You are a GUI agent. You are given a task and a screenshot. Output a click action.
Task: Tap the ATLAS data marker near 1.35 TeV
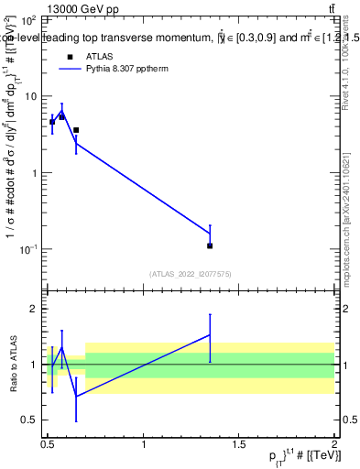pyautogui.click(x=210, y=245)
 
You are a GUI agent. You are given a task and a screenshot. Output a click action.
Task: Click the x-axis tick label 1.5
pyautogui.click(x=239, y=443)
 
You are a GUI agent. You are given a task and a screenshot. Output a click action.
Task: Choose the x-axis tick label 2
pyautogui.click(x=335, y=443)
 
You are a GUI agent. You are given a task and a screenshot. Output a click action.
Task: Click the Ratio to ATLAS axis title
pyautogui.click(x=12, y=365)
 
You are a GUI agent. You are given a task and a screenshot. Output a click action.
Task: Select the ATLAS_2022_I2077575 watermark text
pyautogui.click(x=190, y=273)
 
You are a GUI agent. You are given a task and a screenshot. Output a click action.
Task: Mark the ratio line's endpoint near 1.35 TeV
pyautogui.click(x=210, y=335)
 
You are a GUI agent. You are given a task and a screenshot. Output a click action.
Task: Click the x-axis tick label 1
pyautogui.click(x=144, y=443)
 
